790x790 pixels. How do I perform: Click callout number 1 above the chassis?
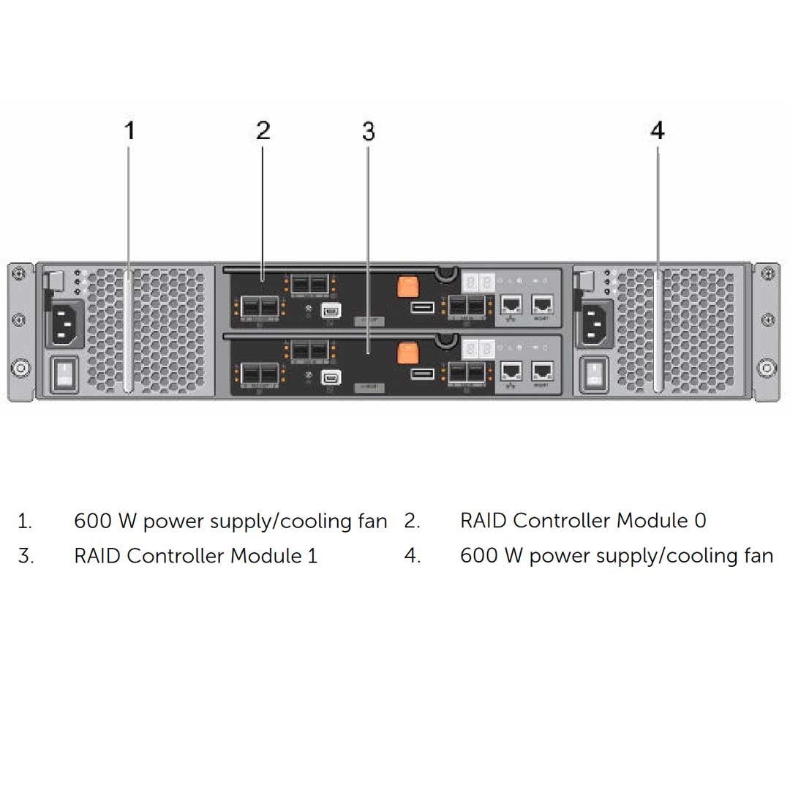click(129, 131)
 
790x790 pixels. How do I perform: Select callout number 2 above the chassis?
click(263, 130)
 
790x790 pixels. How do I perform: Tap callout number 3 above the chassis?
click(368, 132)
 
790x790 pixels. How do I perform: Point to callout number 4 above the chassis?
click(657, 131)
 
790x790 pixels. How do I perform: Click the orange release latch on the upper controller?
click(407, 286)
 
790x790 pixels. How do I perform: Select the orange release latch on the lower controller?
click(407, 353)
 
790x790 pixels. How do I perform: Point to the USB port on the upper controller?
click(422, 306)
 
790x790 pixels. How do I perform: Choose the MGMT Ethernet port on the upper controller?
click(543, 305)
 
